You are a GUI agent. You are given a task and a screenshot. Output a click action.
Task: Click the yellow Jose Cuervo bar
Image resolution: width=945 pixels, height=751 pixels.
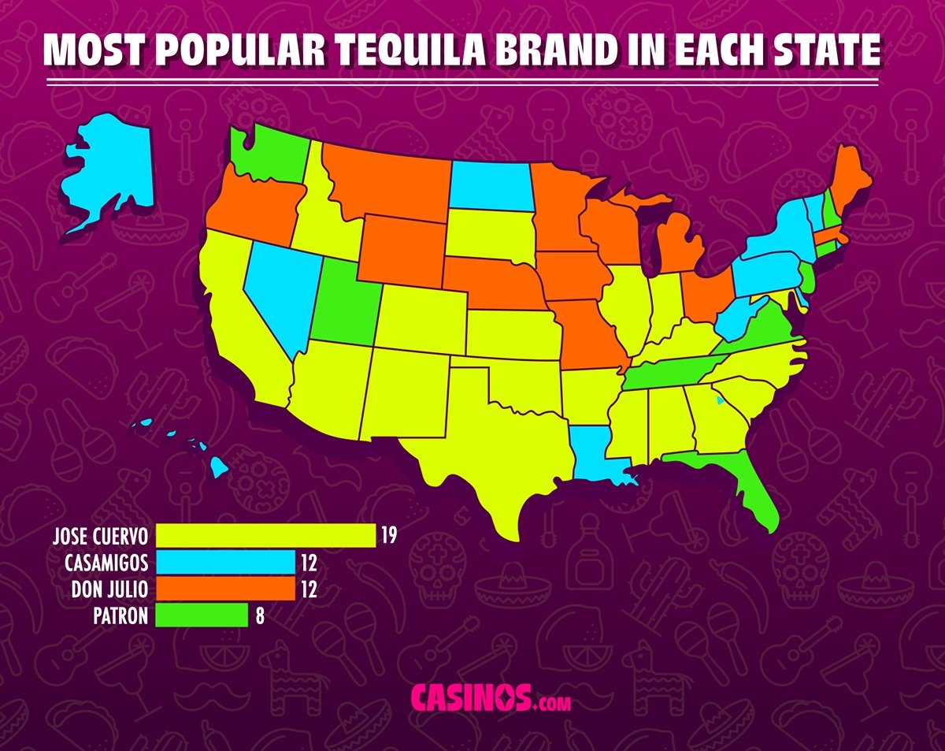tap(265, 536)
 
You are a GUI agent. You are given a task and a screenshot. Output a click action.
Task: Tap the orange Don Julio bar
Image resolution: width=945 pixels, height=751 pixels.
tap(225, 589)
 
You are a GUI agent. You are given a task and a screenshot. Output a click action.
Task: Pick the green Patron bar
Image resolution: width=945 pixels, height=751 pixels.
tap(202, 615)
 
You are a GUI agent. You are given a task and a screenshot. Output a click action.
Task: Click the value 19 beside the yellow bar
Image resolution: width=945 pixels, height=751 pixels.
tap(388, 536)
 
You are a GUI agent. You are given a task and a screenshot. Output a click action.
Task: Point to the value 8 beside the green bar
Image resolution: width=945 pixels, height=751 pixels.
tap(259, 615)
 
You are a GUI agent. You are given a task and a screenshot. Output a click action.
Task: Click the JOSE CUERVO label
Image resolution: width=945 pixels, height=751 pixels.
tap(100, 536)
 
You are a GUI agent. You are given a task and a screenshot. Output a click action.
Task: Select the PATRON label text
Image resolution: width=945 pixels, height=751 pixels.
tap(119, 615)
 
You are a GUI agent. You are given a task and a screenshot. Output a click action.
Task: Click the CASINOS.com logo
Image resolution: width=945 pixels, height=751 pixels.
tap(491, 699)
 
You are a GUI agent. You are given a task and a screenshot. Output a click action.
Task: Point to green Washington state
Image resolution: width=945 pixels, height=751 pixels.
tap(268, 154)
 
